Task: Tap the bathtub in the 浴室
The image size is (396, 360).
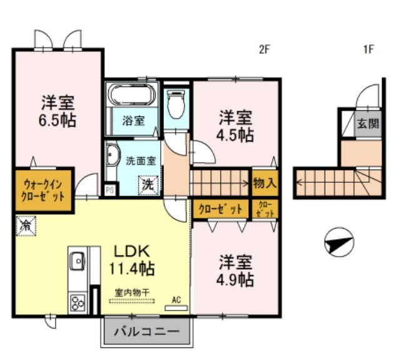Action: click(x=131, y=95)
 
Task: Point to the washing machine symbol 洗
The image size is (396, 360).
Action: click(x=148, y=185)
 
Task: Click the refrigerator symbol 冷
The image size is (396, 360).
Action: click(x=26, y=225)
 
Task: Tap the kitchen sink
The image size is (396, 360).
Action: click(x=78, y=259)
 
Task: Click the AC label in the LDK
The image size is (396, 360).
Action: click(x=176, y=301)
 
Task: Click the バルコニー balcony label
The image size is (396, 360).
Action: click(x=146, y=331)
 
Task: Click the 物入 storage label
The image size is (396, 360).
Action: click(x=265, y=183)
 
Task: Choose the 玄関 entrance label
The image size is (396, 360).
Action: click(x=368, y=123)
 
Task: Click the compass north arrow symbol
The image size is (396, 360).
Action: click(x=339, y=243)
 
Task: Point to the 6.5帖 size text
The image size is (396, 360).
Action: click(x=59, y=120)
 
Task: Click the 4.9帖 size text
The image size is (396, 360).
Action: click(x=235, y=279)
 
